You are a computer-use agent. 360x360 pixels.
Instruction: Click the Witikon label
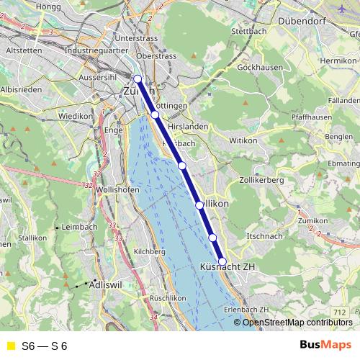coord(242,141)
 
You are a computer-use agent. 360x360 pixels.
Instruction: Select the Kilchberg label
coord(149,251)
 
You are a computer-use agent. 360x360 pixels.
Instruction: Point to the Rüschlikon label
coord(168,297)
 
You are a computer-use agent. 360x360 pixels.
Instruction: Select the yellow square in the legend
coord(10,346)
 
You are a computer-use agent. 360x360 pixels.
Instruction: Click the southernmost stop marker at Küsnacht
coord(222,261)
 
